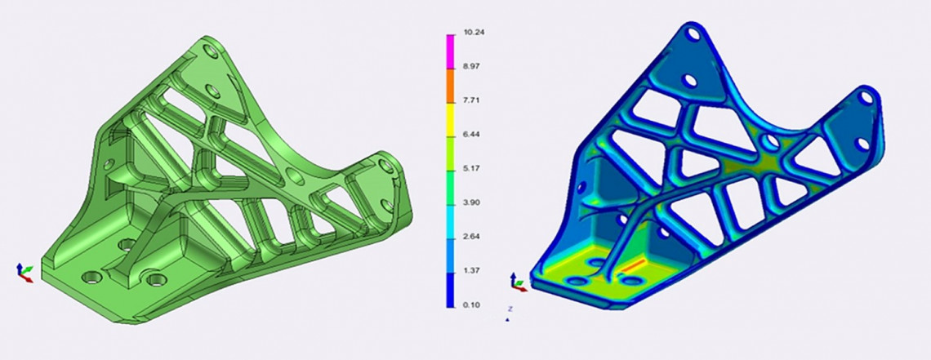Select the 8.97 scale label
(471, 69)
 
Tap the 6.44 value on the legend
(471, 136)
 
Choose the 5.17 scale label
(471, 170)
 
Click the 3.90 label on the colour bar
(471, 203)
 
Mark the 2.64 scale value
(471, 238)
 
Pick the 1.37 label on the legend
(471, 271)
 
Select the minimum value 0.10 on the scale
(471, 304)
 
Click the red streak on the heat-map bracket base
(634, 266)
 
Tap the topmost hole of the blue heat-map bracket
(693, 35)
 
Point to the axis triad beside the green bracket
(24, 272)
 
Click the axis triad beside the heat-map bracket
(518, 282)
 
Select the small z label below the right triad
(510, 309)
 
